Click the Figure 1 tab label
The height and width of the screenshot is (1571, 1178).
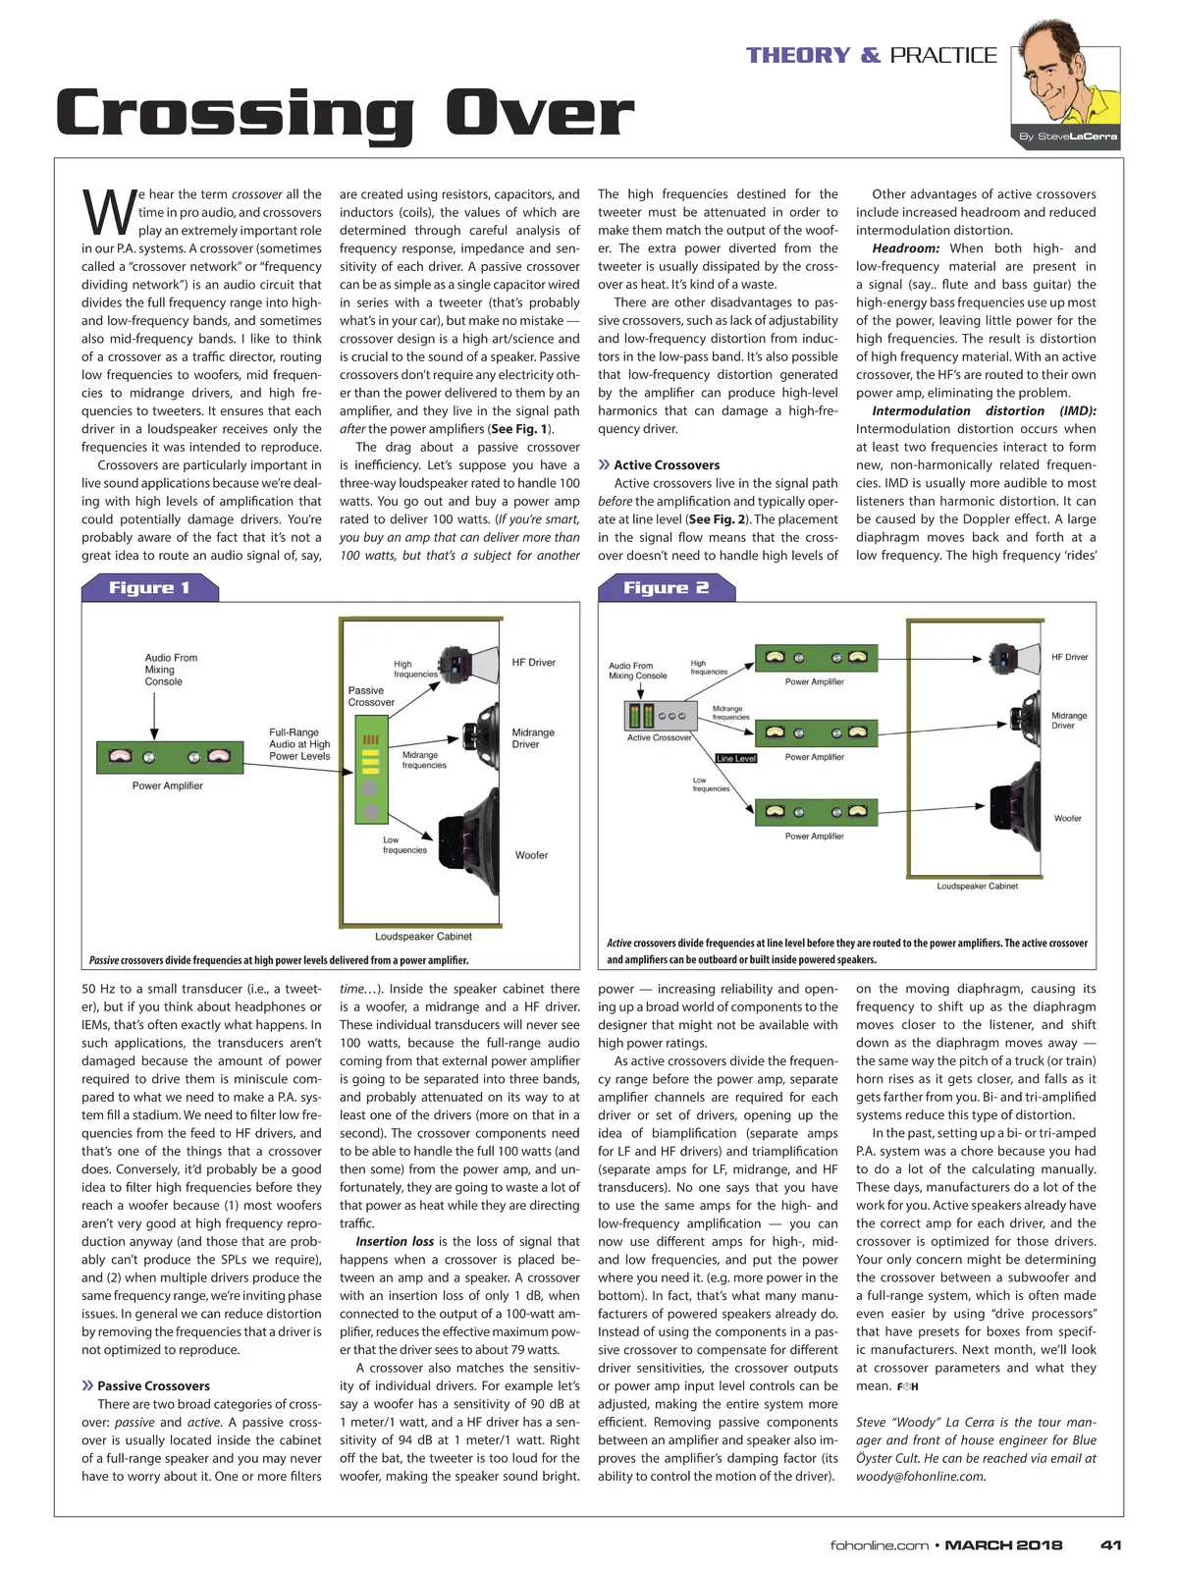pyautogui.click(x=149, y=587)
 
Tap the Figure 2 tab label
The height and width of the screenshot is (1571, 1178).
pyautogui.click(x=666, y=587)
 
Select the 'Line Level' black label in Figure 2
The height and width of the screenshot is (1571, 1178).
pyautogui.click(x=736, y=758)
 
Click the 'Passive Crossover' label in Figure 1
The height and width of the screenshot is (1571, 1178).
pyautogui.click(x=371, y=696)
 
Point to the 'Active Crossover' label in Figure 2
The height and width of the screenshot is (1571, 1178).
pyautogui.click(x=659, y=737)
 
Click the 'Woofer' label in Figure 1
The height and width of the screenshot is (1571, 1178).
pyautogui.click(x=531, y=855)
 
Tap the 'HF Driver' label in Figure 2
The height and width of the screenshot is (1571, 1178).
pyautogui.click(x=1069, y=657)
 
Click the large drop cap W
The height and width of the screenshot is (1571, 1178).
pyautogui.click(x=108, y=210)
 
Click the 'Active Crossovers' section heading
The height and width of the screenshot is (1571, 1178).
pyautogui.click(x=667, y=465)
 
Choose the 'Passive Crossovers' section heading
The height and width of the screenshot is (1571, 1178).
pyautogui.click(x=153, y=1386)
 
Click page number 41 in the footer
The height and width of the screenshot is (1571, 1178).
pyautogui.click(x=1110, y=1544)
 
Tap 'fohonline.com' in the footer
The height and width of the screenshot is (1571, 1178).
pyautogui.click(x=879, y=1544)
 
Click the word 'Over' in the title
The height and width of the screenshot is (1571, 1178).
pyautogui.click(x=539, y=114)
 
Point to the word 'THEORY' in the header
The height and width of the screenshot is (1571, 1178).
pyautogui.click(x=797, y=56)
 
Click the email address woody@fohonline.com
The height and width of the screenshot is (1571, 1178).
pyautogui.click(x=921, y=1476)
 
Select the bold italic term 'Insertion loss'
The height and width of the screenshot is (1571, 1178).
pyautogui.click(x=395, y=1241)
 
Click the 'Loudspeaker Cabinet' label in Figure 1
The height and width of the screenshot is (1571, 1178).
pyautogui.click(x=423, y=936)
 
